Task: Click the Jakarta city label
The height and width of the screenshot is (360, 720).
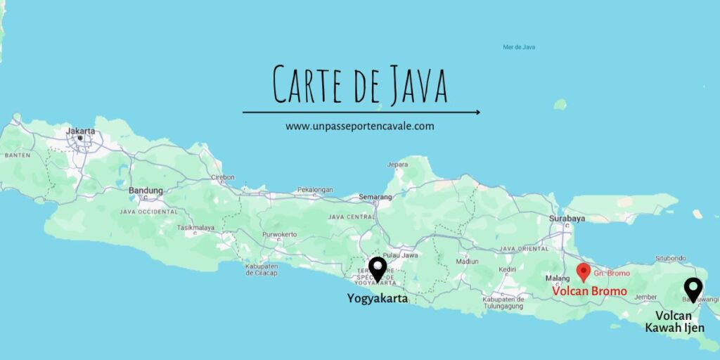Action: (x=79, y=131)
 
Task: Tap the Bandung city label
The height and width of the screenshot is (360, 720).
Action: (x=146, y=191)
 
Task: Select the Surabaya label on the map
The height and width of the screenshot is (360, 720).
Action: (x=567, y=219)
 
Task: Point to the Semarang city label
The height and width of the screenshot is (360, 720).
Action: (x=375, y=197)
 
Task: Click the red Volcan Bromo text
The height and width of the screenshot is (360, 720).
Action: (x=589, y=290)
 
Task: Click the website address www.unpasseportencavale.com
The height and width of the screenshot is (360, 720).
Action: (x=360, y=127)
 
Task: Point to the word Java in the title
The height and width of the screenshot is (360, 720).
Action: (x=410, y=86)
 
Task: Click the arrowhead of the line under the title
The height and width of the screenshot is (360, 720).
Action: (x=477, y=112)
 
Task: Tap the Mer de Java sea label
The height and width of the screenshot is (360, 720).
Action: (x=519, y=47)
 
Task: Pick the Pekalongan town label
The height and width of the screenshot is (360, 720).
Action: (x=314, y=190)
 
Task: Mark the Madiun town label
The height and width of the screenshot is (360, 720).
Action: (x=467, y=261)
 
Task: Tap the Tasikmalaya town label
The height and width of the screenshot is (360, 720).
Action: (x=195, y=228)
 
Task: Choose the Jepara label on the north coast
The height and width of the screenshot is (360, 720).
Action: (x=397, y=165)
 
